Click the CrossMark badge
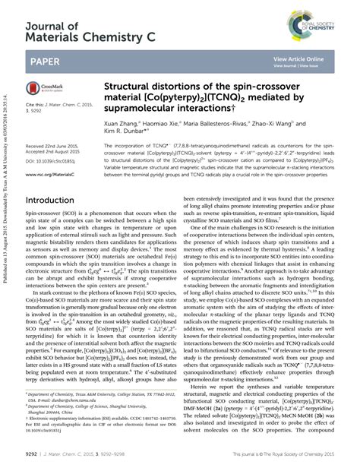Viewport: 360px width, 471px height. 46,87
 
